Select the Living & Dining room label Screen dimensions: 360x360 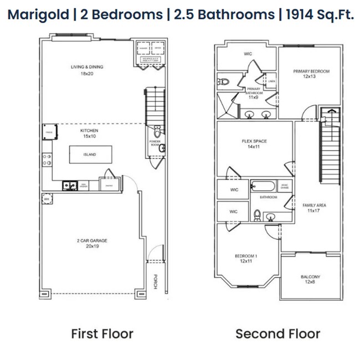86,70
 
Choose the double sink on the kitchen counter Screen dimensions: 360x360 70,186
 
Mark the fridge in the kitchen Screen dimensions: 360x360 47,132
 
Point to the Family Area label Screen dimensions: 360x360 313,208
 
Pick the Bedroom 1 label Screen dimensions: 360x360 246,259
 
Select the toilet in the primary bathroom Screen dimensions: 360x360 224,82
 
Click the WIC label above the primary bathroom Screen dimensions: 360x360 248,54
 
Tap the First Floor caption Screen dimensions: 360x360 102,333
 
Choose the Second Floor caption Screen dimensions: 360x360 277,333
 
